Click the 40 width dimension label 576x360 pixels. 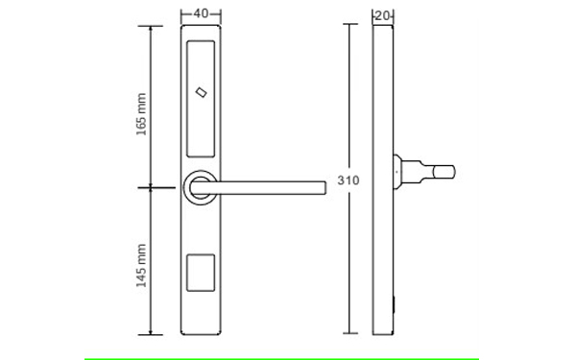click(201, 13)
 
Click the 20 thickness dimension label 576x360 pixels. click(382, 15)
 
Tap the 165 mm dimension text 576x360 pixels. click(141, 114)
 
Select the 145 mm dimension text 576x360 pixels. click(141, 265)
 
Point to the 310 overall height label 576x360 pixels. click(348, 180)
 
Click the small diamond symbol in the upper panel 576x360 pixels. click(201, 92)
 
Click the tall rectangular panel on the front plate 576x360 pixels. click(201, 99)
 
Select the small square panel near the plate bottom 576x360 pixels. click(201, 273)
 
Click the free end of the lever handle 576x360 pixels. click(324, 188)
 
